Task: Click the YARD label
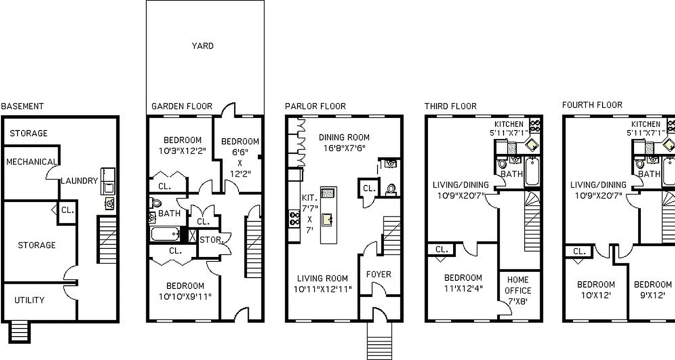point(202,46)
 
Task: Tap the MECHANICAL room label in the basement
point(31,162)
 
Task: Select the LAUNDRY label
point(79,181)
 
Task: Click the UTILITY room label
point(29,300)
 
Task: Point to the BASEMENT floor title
point(22,106)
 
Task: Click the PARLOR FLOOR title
point(315,106)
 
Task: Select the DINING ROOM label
point(344,137)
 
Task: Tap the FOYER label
point(378,274)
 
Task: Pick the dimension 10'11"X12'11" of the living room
point(323,289)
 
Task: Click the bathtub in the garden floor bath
point(165,234)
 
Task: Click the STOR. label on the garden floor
point(211,240)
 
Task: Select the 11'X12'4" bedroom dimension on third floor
point(463,288)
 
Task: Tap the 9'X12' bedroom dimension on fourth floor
point(652,296)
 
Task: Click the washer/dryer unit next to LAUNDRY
point(108,181)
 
